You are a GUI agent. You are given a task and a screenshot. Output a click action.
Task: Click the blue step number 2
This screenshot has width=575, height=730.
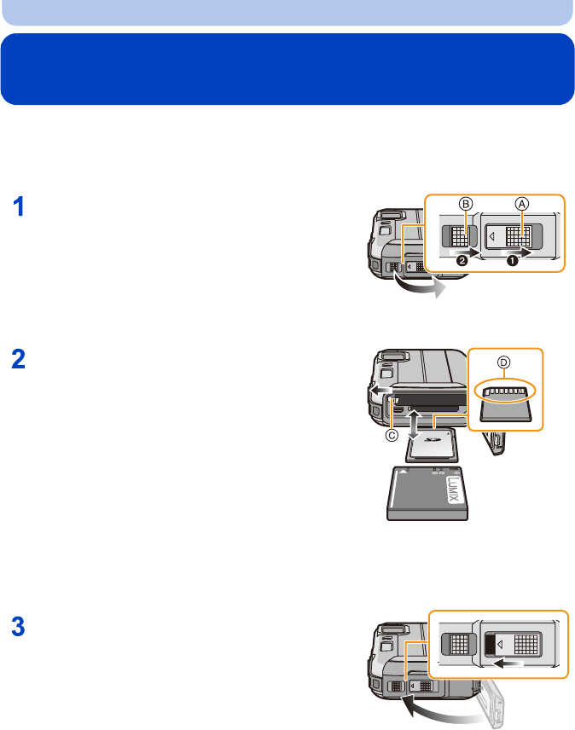20,362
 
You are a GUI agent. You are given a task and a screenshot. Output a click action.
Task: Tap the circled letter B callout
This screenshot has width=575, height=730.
465,204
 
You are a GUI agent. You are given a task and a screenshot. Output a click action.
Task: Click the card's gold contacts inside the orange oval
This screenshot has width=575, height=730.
504,392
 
